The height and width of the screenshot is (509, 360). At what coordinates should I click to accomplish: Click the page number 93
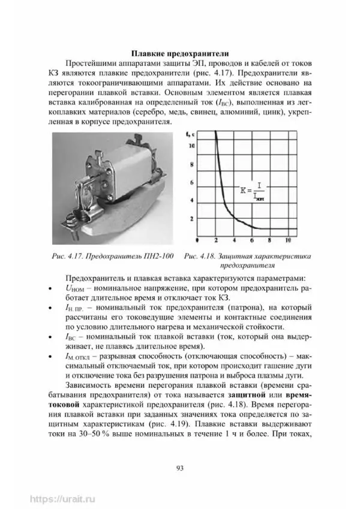(x=179, y=468)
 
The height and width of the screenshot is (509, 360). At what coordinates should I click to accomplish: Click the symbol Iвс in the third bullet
(x=69, y=335)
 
